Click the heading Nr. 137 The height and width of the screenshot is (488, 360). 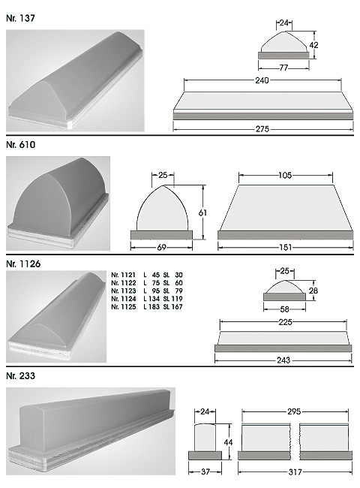20,18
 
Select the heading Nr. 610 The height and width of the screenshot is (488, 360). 20,145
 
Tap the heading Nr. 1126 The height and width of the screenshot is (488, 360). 23,264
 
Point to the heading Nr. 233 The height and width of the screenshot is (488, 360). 20,376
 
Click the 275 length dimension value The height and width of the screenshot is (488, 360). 262,129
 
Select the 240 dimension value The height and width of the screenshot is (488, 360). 262,80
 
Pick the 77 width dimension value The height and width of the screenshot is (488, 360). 283,68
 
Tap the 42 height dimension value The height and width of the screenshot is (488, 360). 313,45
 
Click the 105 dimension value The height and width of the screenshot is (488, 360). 285,176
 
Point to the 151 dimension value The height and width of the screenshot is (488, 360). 286,248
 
